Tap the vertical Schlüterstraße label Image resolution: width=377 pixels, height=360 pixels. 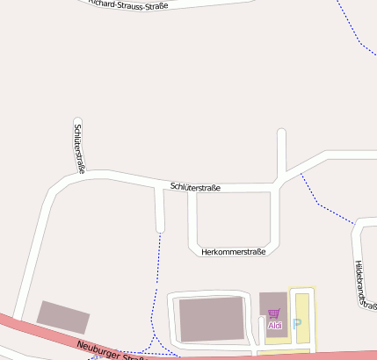78,147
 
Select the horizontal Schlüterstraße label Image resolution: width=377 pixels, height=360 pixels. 195,187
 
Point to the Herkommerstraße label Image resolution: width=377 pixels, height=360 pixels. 233,252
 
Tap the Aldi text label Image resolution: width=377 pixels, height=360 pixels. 275,326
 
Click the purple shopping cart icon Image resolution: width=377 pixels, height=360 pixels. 274,313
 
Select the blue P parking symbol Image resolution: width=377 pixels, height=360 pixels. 296,324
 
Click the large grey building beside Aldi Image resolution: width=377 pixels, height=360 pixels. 211,318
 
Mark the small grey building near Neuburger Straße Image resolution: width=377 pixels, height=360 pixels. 62,316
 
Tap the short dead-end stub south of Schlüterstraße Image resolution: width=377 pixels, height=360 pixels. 159,211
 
